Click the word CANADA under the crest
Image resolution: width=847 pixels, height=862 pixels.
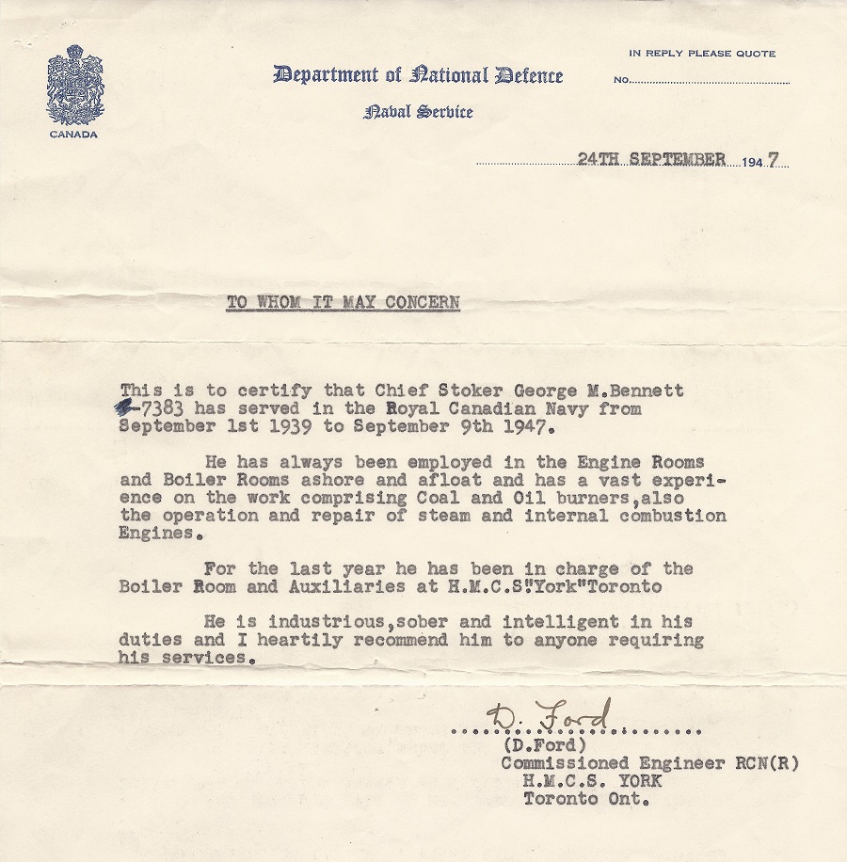pos(75,134)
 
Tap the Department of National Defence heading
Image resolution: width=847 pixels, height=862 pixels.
pos(418,75)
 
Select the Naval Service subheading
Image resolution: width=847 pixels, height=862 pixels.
pos(418,112)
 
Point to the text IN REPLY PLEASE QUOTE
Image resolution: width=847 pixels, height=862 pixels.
pos(702,54)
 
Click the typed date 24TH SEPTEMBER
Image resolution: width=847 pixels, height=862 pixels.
pos(651,160)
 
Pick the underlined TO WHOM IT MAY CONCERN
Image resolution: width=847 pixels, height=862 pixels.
pos(343,303)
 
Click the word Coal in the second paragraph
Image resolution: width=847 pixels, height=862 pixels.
pos(420,498)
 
